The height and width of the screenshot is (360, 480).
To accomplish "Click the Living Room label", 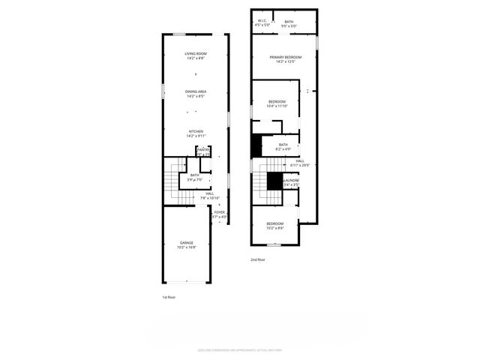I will [x=196, y=53].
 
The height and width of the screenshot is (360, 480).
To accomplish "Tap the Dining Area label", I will [x=196, y=91].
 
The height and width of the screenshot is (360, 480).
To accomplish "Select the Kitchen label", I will [x=196, y=131].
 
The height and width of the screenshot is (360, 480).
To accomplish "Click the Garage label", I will [x=186, y=243].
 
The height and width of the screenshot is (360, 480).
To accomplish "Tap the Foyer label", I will [x=219, y=212].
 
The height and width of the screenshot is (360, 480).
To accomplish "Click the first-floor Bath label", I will [x=194, y=175].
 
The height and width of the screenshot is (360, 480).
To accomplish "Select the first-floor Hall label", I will [x=210, y=193].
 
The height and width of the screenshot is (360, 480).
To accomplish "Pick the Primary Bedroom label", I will [x=286, y=58].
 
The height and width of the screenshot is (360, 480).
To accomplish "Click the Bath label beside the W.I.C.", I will [x=289, y=22].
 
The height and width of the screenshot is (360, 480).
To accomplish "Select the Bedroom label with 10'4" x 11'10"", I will [x=277, y=101].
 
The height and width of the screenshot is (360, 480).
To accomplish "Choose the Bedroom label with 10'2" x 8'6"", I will [x=275, y=223].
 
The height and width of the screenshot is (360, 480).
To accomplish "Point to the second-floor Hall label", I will [x=299, y=161].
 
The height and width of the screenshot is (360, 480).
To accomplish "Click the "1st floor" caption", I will [x=169, y=298].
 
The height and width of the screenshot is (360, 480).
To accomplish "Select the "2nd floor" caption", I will [x=259, y=259].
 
